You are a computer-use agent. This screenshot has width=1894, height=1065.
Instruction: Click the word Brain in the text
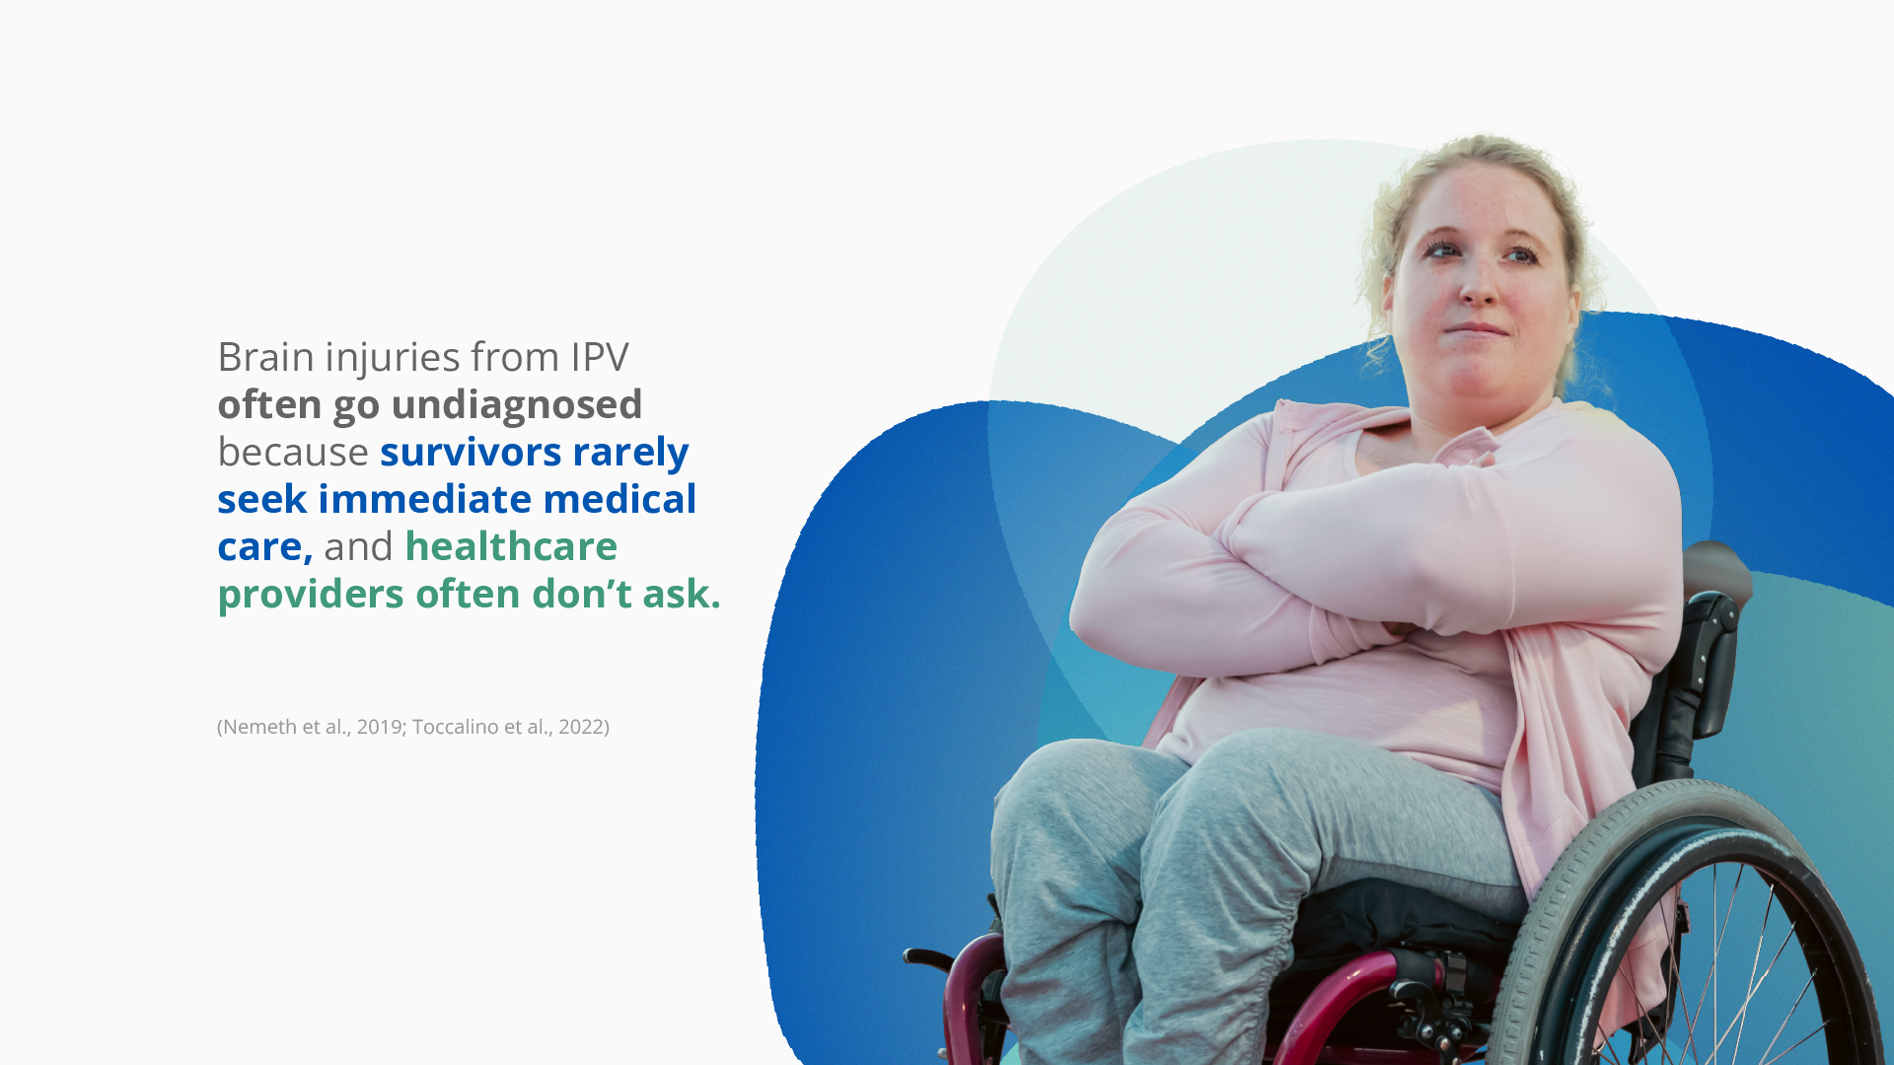tap(265, 357)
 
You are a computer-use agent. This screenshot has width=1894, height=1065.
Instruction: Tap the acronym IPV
tap(600, 357)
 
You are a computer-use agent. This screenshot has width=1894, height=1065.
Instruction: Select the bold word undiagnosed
tap(517, 405)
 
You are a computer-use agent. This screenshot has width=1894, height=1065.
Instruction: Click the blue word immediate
tap(425, 499)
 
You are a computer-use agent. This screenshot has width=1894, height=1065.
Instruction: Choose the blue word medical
tap(619, 499)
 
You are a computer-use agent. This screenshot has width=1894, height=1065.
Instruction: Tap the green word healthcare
tap(511, 546)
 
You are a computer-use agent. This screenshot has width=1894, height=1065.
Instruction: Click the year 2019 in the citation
tap(381, 727)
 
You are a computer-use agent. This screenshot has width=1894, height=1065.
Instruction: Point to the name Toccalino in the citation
tap(456, 727)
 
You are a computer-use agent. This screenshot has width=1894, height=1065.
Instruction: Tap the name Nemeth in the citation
tap(259, 727)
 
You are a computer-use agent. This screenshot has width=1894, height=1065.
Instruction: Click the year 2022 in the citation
tap(581, 727)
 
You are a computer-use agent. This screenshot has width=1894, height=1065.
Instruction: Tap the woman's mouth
tap(1476, 329)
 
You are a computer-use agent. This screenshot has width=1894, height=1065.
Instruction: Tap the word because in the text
tap(293, 452)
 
